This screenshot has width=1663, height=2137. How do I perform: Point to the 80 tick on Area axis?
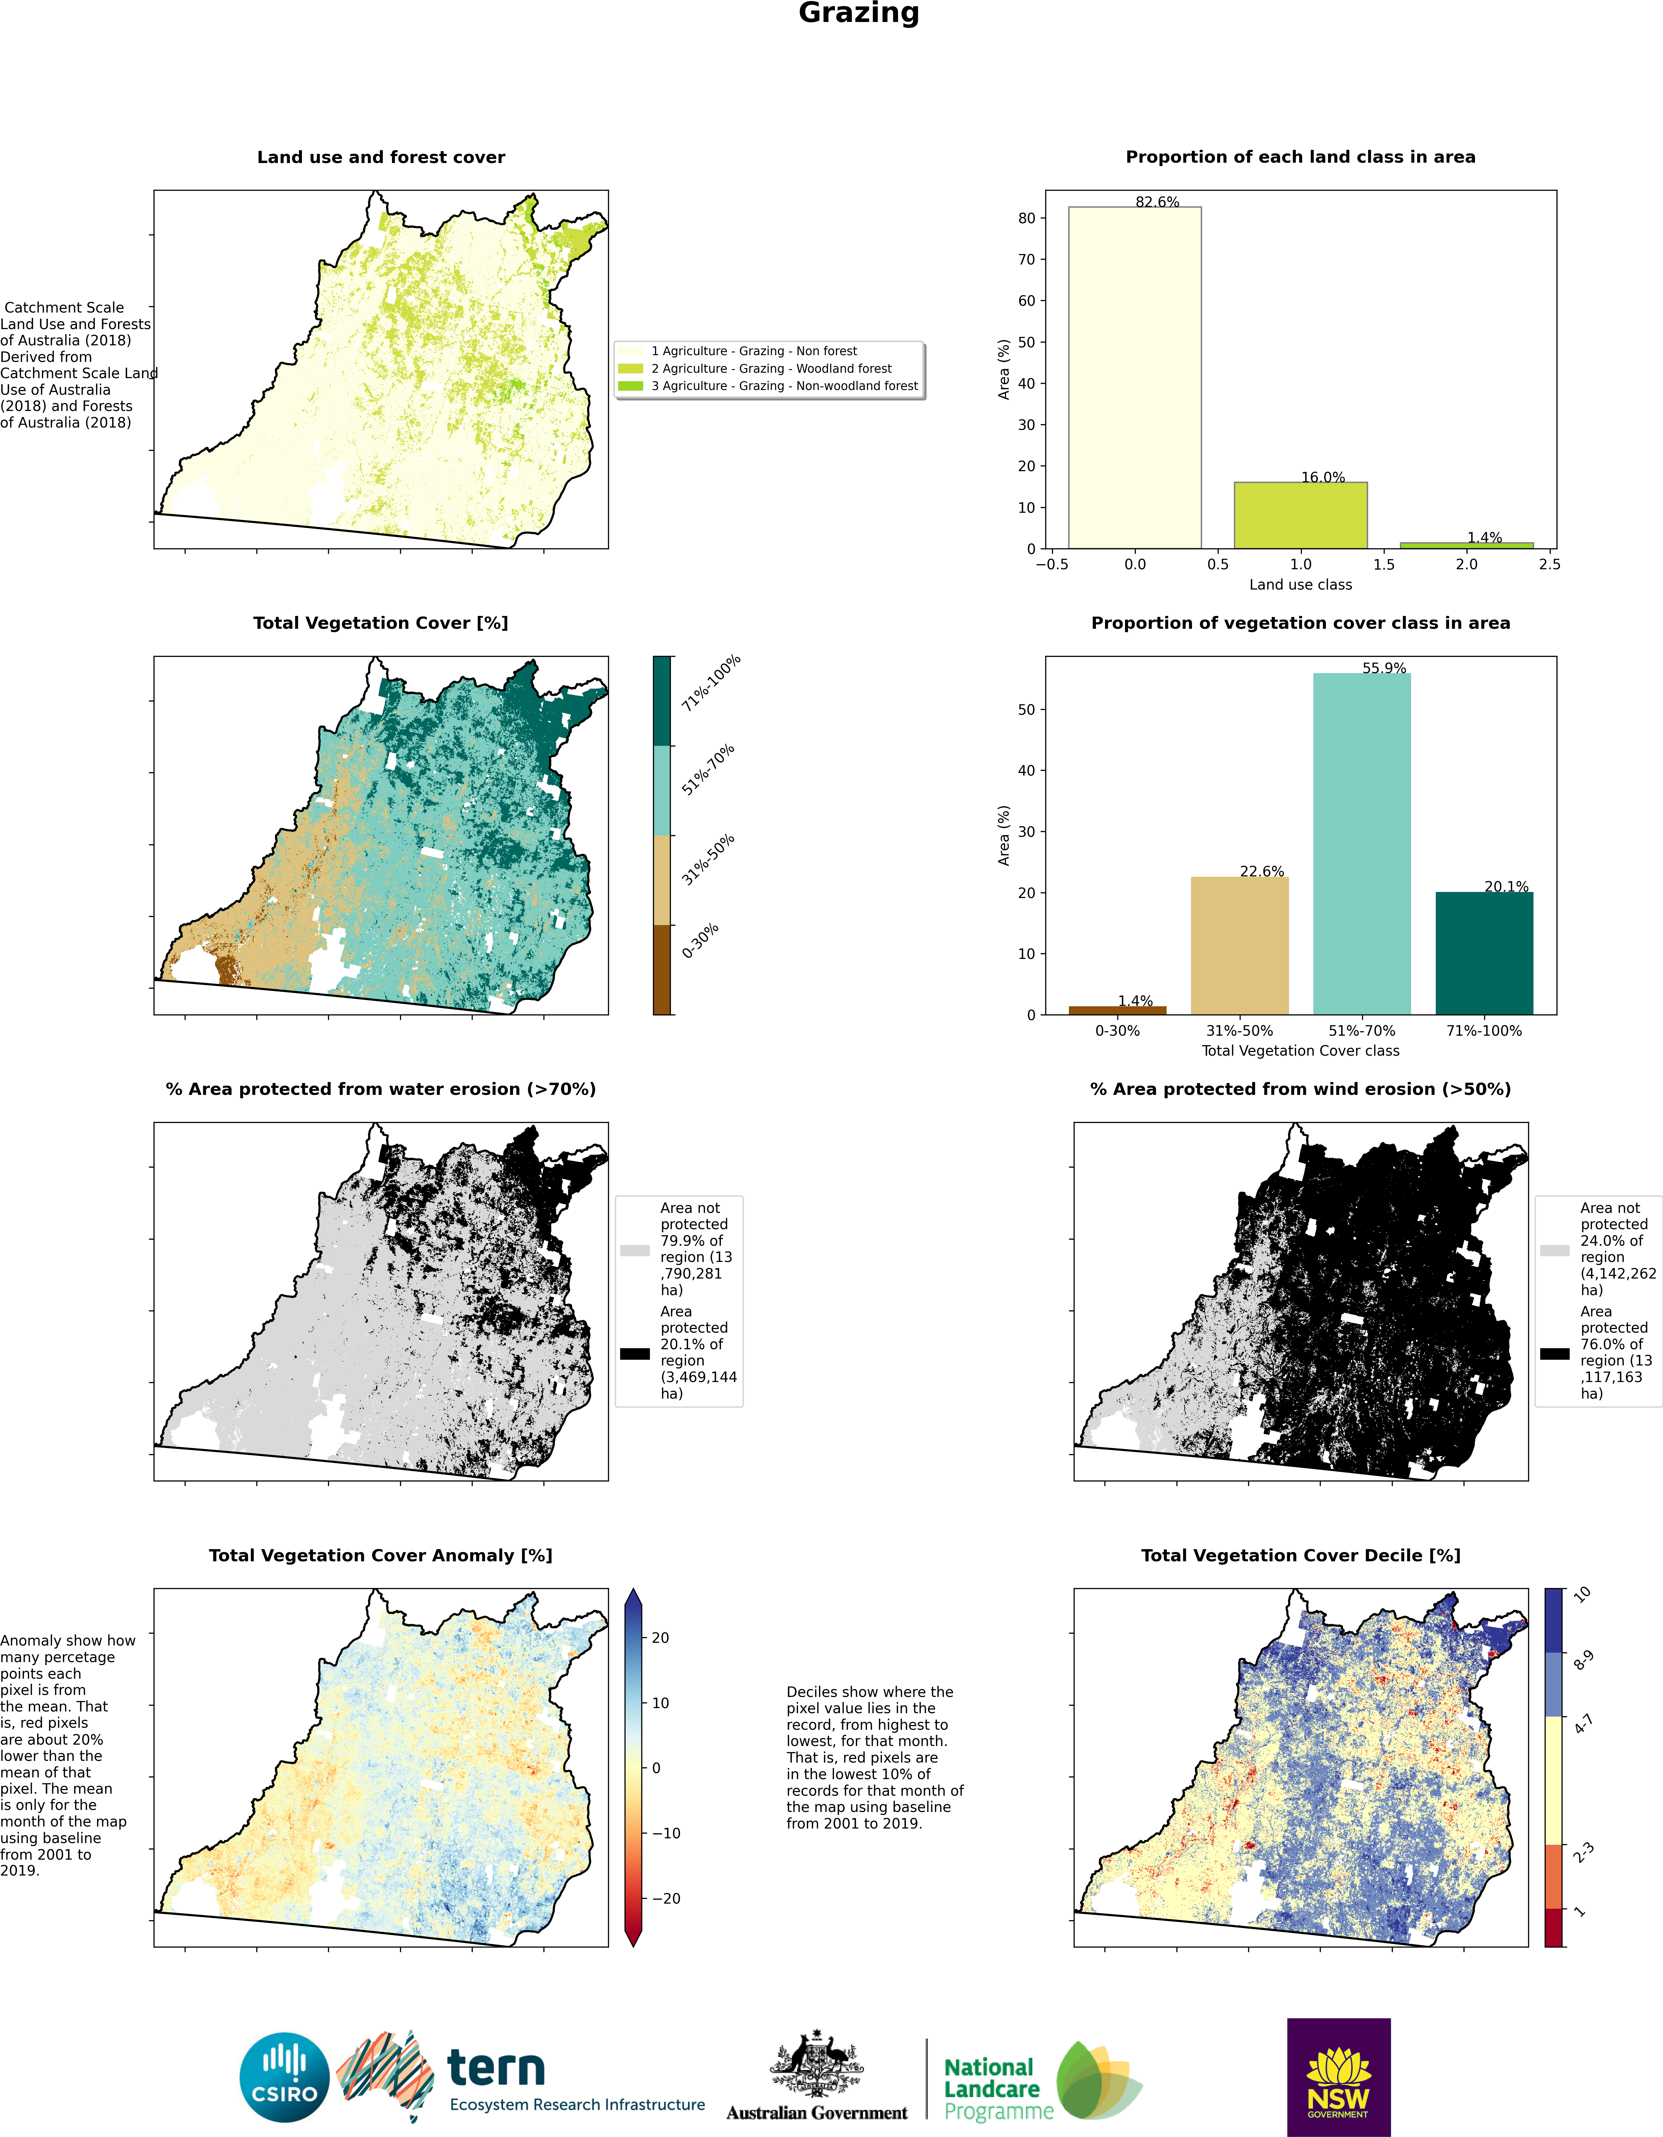click(x=1025, y=218)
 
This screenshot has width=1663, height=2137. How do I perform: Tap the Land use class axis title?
click(x=1300, y=584)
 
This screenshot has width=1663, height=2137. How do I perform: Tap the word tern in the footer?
click(x=496, y=2068)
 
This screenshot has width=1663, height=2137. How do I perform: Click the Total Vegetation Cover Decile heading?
click(x=1300, y=1555)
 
